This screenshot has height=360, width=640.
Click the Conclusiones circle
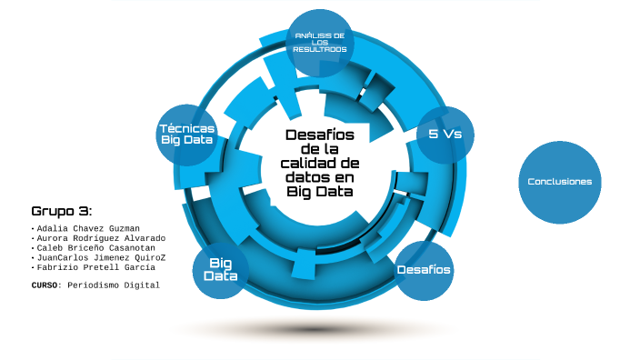tap(560, 182)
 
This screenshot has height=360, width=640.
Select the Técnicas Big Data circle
tap(187, 135)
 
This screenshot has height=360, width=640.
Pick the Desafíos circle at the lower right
tap(424, 270)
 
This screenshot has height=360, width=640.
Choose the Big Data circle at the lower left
tap(221, 270)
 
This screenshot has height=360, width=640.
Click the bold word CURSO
tap(45, 285)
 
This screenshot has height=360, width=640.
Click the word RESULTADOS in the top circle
tap(320, 49)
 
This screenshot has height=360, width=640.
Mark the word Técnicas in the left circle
tap(187, 128)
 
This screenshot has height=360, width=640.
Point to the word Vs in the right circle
tap(452, 135)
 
